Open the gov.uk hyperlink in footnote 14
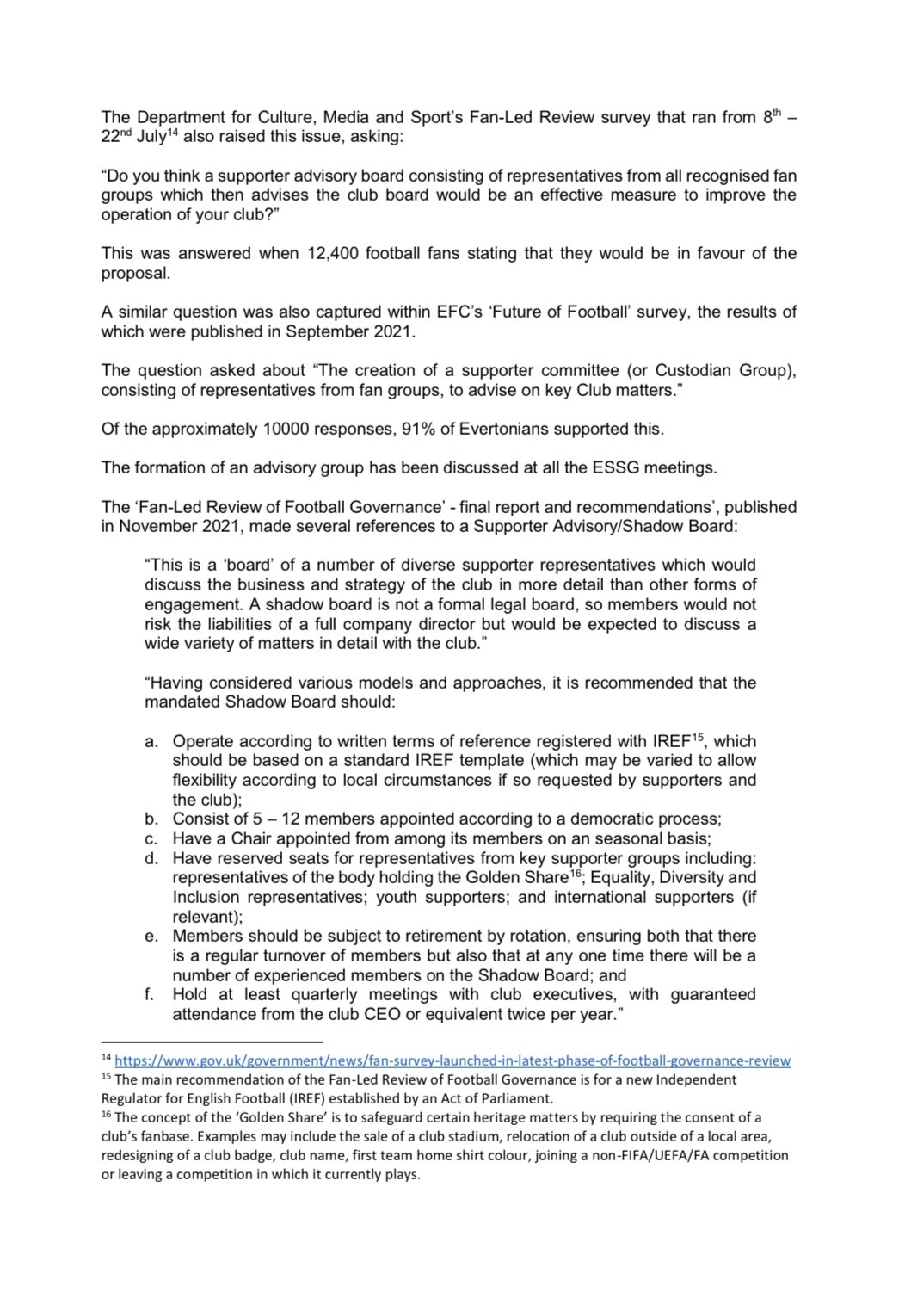point(453,1061)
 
